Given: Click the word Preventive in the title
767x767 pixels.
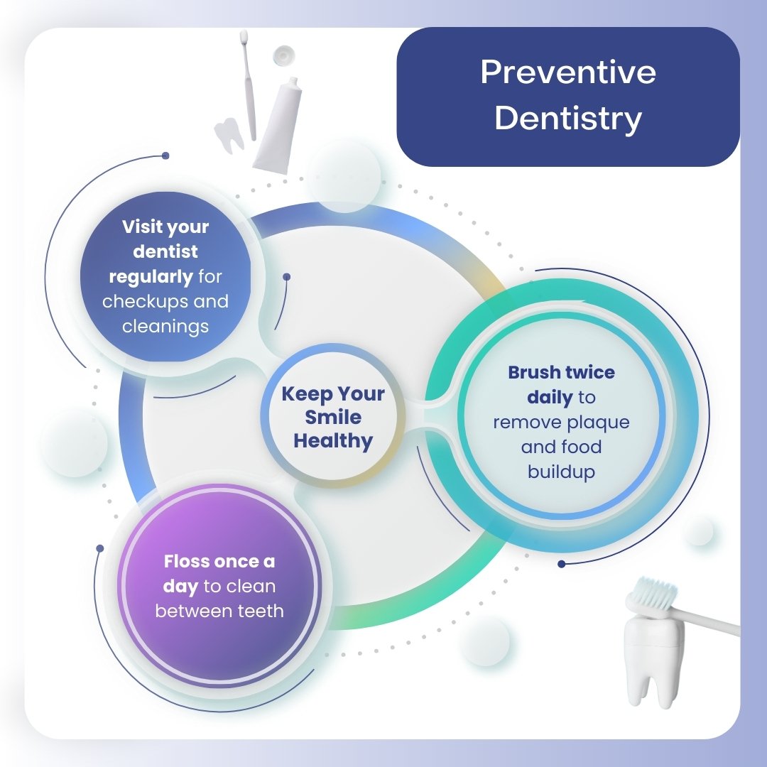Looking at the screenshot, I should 568,73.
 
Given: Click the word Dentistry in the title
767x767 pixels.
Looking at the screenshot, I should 568,119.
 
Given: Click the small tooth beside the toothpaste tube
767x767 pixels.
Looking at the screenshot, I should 229,135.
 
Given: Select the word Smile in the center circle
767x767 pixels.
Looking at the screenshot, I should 333,418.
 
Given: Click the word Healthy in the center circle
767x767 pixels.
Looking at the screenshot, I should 333,441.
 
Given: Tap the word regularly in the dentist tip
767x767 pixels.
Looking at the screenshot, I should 151,276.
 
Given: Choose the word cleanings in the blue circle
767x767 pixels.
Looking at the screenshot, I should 165,327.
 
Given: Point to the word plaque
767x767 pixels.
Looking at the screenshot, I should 598,423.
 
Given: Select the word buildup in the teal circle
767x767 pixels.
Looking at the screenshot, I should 561,472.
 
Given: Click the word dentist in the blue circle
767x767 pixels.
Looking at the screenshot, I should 165,251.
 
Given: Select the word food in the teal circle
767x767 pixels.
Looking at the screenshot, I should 581,447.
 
